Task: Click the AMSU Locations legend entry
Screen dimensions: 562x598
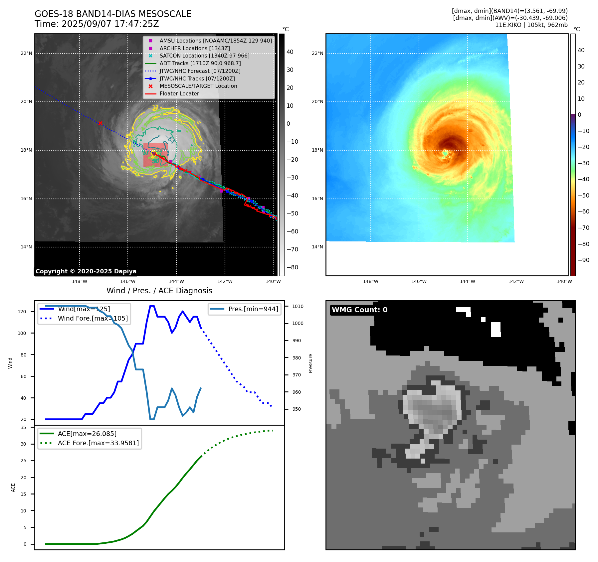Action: click(215, 41)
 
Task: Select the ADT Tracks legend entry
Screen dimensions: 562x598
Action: click(200, 63)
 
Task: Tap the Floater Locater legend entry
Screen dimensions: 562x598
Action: click(179, 94)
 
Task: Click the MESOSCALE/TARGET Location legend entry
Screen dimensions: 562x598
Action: click(198, 86)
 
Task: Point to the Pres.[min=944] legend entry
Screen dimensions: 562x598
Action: click(253, 309)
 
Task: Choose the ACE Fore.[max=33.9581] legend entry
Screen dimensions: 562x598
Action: click(98, 443)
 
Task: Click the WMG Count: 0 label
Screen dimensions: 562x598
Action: click(359, 310)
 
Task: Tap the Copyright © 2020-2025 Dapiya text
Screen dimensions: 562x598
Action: click(86, 271)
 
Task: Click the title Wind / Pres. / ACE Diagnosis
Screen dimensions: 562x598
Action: click(159, 291)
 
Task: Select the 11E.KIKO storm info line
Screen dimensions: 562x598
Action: click(531, 25)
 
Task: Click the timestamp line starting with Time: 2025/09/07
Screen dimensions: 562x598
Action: click(97, 24)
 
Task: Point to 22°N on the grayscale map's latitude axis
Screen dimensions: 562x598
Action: click(27, 53)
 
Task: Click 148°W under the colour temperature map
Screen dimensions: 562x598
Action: click(370, 281)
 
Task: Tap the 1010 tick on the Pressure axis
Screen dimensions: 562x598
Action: click(298, 306)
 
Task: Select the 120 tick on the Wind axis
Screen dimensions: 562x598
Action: click(22, 312)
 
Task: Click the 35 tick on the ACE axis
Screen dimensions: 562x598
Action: click(23, 427)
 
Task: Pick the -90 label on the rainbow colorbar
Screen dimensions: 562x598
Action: click(583, 260)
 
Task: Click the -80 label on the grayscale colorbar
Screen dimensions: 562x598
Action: click(293, 267)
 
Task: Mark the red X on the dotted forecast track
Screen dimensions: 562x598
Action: click(100, 123)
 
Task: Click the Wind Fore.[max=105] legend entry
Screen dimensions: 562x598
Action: click(93, 318)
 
